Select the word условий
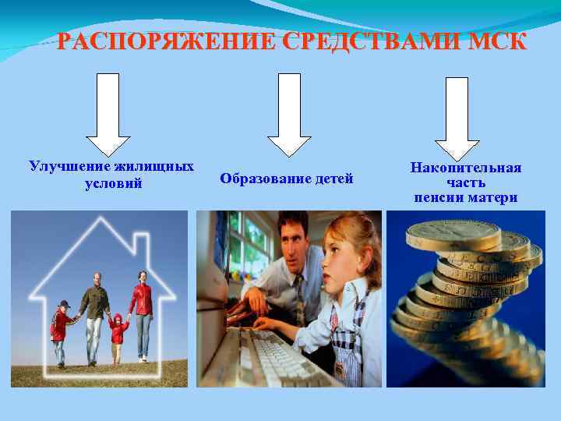coord(113,184)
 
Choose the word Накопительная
coord(466,168)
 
